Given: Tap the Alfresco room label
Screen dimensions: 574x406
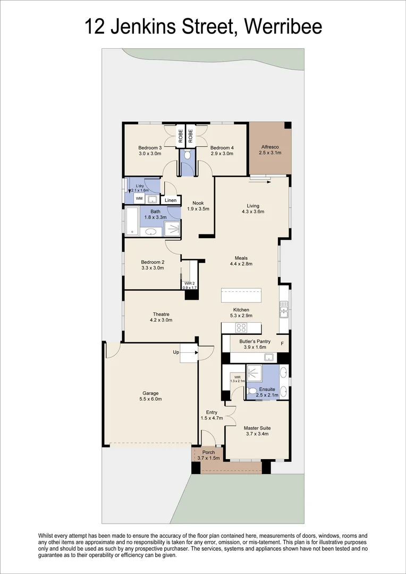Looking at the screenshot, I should point(270,146).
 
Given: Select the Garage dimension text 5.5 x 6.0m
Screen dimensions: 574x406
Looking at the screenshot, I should point(149,399).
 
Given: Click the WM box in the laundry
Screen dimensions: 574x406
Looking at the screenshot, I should point(139,199).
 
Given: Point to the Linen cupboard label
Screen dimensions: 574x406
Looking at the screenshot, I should point(171,200).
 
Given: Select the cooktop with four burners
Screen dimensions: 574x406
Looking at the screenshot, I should point(241,327).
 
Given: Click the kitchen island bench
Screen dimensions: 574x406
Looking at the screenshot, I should point(241,295).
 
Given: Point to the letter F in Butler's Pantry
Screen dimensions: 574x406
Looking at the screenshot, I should point(282,343).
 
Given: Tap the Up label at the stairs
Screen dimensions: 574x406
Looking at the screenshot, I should point(176,352).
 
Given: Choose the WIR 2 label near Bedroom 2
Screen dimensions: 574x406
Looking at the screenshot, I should point(189,284).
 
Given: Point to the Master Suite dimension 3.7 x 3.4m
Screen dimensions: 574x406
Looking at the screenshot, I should point(256,434).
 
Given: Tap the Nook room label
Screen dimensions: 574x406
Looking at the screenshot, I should point(198,202).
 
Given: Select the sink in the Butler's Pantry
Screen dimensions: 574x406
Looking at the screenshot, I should point(269,357).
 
